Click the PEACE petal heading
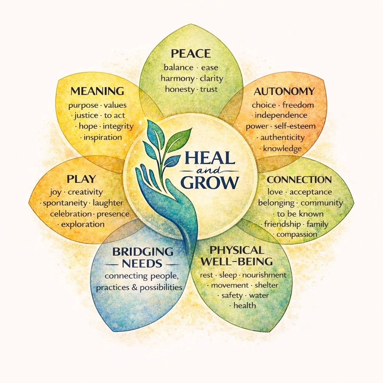[190, 53]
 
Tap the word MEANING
[97, 91]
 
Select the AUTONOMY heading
[284, 91]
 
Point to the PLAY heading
[81, 179]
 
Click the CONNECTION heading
[299, 180]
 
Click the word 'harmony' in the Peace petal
[177, 79]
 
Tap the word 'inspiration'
[103, 137]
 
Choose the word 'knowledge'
[282, 148]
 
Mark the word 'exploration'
[83, 224]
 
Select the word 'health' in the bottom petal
[245, 305]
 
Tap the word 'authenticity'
[282, 137]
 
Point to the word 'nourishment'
[264, 275]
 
